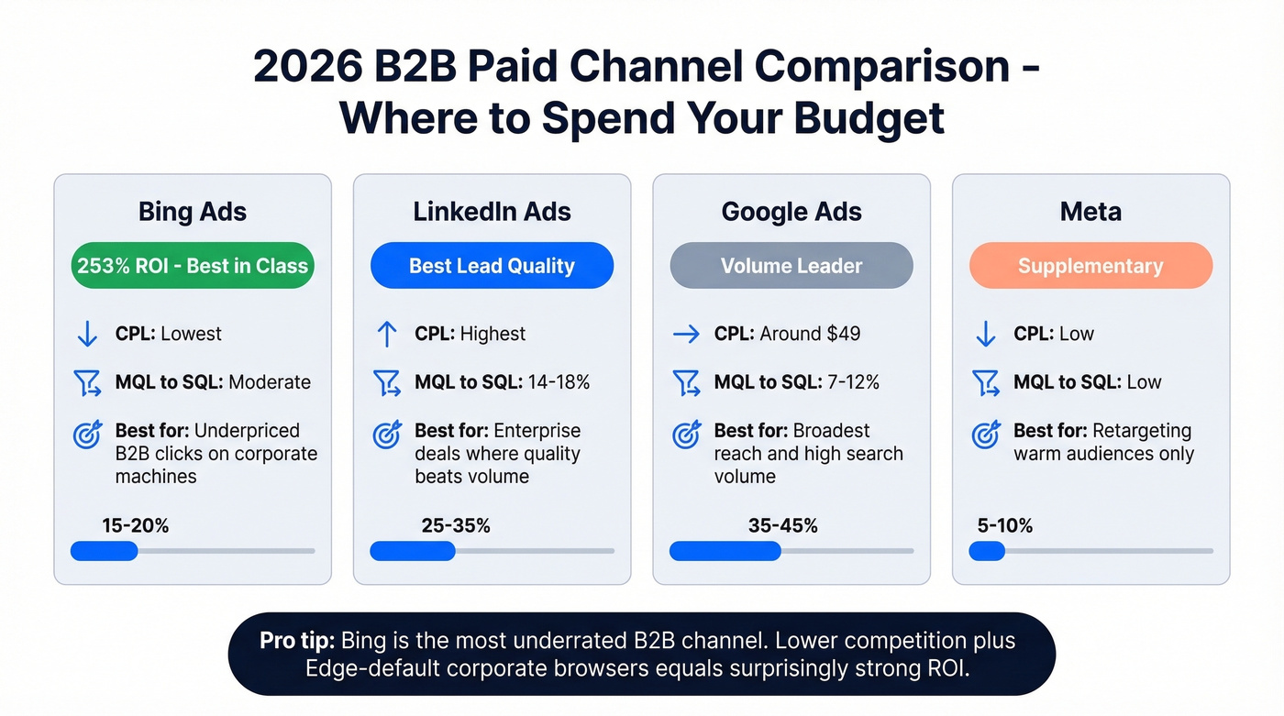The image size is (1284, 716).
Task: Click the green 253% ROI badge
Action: pos(193,266)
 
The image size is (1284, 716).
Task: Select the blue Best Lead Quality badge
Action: pos(492,266)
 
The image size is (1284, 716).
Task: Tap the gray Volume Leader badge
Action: pos(791,266)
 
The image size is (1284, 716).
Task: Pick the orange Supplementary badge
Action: pos(1090,266)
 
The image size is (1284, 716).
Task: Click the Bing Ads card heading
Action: pos(193,212)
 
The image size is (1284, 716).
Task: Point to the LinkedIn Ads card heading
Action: pos(492,212)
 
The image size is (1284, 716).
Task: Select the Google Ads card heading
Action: pos(791,212)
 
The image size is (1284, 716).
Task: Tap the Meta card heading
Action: pos(1090,212)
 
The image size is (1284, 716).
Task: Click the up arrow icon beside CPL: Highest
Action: pos(387,334)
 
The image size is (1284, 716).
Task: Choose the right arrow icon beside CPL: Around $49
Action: pos(686,334)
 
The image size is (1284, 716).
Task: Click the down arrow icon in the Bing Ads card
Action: pos(87,334)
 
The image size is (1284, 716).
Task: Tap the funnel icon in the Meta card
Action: pos(986,383)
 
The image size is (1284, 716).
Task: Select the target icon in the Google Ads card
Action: pos(686,435)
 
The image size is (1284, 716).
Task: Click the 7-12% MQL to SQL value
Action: pos(853,382)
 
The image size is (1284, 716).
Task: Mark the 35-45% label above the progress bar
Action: pos(782,525)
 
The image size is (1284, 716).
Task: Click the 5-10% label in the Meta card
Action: pos(1005,525)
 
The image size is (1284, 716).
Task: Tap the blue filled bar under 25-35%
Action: pos(413,551)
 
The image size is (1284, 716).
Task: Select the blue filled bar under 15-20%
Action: pos(104,551)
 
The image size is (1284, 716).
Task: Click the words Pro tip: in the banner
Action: pos(293,640)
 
